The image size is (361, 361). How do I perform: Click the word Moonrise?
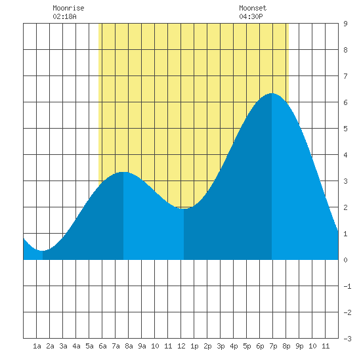point(68,8)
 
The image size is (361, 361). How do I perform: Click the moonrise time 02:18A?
point(64,16)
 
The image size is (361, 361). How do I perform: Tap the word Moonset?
point(253,8)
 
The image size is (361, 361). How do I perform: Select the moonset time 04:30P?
point(251,16)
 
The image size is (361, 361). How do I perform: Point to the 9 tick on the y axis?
point(345,24)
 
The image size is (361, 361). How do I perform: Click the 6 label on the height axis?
point(345,102)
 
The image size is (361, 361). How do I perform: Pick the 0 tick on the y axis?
point(345,260)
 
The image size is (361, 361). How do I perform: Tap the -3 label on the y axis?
point(347,339)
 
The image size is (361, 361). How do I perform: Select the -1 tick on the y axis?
point(347,286)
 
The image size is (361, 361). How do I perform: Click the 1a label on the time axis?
point(37,346)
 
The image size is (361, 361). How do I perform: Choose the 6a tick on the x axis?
point(102,346)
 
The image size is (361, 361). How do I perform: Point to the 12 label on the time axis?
point(181,346)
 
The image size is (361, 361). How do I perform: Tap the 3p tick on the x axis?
point(221,346)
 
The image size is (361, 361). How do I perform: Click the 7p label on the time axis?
point(273,346)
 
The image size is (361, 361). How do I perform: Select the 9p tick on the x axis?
point(299,346)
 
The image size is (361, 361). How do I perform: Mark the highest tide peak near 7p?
point(272,93)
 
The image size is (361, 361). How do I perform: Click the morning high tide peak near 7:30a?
point(123,172)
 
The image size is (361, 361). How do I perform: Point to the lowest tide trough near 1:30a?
point(43,251)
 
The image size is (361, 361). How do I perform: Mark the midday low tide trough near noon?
point(184,209)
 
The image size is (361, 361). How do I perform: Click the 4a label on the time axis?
point(76,346)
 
